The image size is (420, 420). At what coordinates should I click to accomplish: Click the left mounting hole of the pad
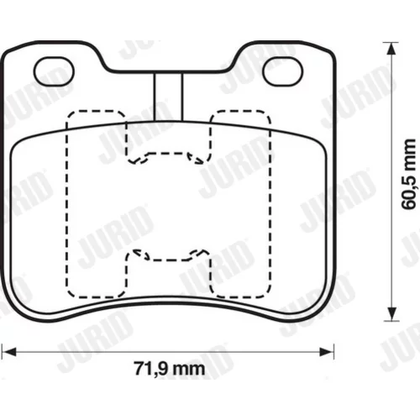click(54, 71)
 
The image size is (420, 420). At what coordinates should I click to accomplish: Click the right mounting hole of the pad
click(283, 71)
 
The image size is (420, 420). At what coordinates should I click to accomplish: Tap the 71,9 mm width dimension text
click(170, 369)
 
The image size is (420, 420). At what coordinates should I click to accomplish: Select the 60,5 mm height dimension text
click(408, 174)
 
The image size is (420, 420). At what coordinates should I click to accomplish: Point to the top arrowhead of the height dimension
click(391, 50)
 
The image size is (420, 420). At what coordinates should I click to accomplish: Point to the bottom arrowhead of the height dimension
click(391, 314)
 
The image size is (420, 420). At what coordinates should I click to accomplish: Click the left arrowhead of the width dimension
click(9, 352)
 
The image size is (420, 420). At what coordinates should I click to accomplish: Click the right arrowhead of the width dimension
click(327, 352)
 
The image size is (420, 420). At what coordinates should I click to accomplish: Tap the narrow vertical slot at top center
click(168, 97)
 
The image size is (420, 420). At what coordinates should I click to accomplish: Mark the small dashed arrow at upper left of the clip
click(138, 160)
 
